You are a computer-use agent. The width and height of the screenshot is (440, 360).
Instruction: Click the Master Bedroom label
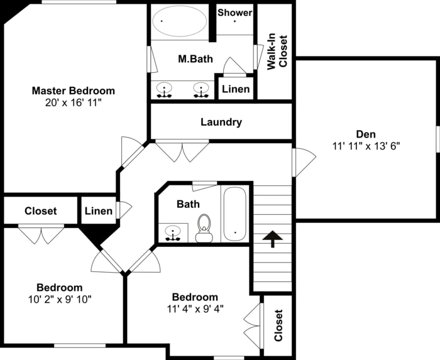click(74, 90)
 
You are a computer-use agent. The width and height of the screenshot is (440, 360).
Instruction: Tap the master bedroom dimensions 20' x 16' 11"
click(74, 102)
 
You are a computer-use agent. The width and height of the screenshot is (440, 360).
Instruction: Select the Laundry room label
click(221, 122)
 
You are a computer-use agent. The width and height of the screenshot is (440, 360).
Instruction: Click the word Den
click(366, 134)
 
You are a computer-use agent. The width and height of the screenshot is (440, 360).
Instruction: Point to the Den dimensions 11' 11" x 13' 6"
click(366, 146)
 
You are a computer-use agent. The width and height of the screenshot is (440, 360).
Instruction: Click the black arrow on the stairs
click(272, 239)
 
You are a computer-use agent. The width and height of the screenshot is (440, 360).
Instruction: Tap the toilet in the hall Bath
click(204, 229)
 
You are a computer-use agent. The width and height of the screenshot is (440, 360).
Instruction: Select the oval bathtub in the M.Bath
click(180, 22)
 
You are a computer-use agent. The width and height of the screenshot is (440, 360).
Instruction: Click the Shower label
click(235, 13)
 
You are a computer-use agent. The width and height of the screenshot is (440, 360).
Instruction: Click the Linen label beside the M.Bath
click(236, 89)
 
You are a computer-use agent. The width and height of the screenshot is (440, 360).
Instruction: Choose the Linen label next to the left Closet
click(99, 211)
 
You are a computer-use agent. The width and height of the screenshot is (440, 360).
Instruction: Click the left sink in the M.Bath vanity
click(165, 90)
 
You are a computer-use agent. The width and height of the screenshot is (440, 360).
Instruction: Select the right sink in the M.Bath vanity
click(201, 90)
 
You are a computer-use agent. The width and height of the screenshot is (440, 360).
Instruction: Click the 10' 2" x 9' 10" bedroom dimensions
click(60, 299)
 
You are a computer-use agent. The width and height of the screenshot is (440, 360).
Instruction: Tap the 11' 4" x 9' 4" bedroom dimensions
click(195, 308)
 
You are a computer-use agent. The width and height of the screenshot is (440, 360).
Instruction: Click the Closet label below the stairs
click(278, 325)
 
